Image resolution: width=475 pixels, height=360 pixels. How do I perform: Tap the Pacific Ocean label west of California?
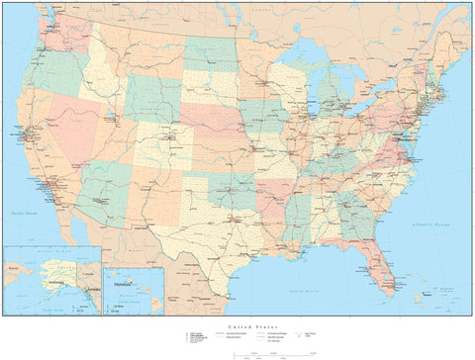tap(22, 213)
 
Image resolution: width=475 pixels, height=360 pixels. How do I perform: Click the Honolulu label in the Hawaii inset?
tap(123, 284)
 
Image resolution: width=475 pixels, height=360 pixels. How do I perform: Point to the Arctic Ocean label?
tap(49, 252)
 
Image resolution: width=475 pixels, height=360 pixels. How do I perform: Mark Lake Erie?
tap(359, 105)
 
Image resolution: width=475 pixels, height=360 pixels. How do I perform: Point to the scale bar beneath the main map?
tap(237, 349)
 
